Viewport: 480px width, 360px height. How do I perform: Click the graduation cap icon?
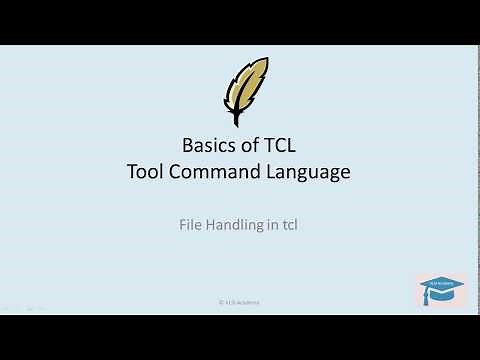point(440,289)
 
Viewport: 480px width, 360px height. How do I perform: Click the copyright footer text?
point(240,300)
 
